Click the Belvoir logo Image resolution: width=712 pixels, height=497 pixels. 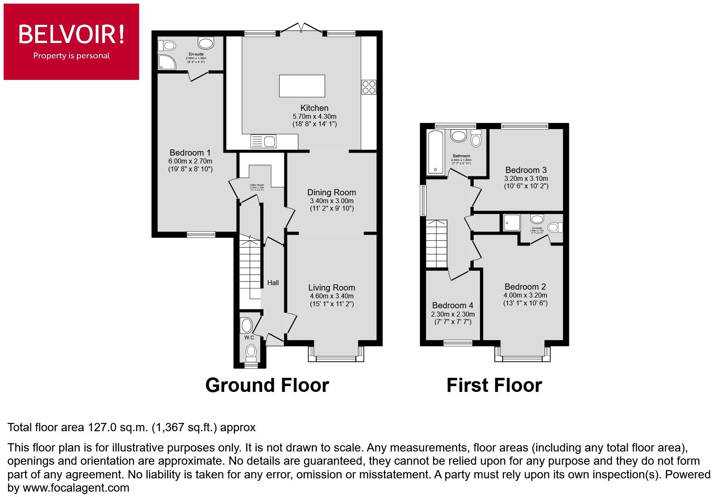pos(71,41)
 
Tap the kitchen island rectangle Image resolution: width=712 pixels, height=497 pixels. pos(302,86)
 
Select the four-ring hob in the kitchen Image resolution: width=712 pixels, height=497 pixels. pos(369,87)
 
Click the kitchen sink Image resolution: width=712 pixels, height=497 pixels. pos(263,142)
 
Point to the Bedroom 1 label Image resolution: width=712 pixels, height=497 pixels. pos(190,153)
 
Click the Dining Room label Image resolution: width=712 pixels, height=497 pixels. pos(331,192)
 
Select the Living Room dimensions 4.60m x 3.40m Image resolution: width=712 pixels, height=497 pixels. pos(331,296)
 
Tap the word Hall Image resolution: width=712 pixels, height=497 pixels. pos(273,283)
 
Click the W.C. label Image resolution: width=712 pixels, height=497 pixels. pos(249,337)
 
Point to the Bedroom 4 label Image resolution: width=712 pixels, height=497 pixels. pos(453,305)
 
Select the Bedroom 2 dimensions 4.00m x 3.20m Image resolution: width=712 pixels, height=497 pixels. pos(525,295)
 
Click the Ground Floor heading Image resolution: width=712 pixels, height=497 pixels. pos(267,385)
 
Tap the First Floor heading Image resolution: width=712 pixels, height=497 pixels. pos(494,385)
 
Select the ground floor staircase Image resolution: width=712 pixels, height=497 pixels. pos(250,267)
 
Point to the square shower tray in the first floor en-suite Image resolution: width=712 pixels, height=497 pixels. pos(511,222)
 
